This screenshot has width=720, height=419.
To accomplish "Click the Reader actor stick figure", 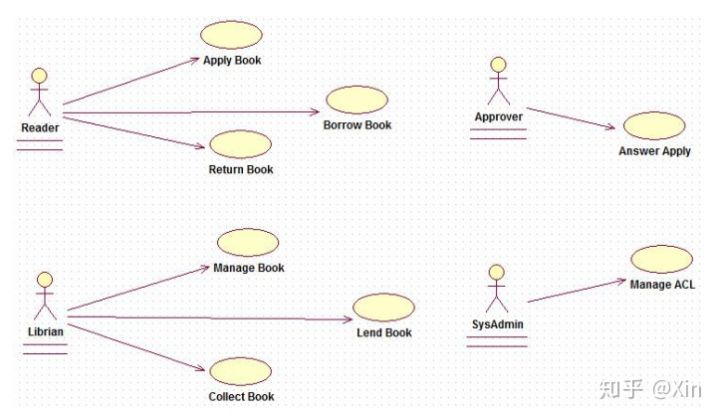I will coord(39,94).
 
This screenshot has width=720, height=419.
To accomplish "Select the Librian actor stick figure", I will coord(43,295).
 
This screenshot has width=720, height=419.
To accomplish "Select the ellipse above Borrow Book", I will coord(356,100).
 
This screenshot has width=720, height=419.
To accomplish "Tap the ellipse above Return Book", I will coord(240,144).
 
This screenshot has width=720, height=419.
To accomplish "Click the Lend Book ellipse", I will coord(383,307).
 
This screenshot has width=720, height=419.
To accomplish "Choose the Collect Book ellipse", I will coord(241,371).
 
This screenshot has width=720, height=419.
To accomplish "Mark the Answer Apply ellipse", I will coord(653,126).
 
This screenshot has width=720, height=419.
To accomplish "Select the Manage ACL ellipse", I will coord(661,259).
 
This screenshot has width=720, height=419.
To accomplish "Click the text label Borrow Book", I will coord(357,126).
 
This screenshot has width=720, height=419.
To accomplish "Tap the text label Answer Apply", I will coord(654,152).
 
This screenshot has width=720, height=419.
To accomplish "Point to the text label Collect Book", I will coord(241,397).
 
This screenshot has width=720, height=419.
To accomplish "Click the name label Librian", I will coord(43,330).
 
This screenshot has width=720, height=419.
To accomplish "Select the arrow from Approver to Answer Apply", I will coord(569,118).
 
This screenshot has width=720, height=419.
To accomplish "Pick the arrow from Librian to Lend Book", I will coord(210,318).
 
